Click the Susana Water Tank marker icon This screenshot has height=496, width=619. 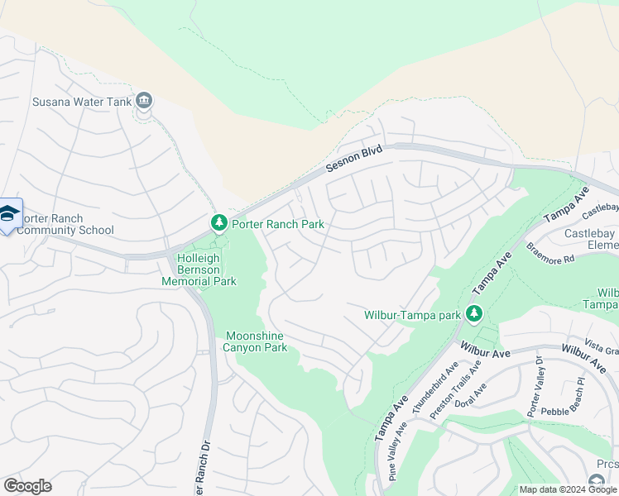coord(144,101)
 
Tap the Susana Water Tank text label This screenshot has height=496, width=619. coord(83,102)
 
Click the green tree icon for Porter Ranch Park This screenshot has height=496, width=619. coord(218,223)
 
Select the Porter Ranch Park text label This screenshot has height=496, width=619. coord(277,224)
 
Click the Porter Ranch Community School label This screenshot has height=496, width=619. coord(65,224)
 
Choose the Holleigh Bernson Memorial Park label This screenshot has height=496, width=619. coord(206,269)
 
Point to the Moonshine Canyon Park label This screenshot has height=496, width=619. coord(257,341)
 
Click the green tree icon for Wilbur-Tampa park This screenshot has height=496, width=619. coord(473,314)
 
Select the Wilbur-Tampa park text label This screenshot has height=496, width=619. coord(412,315)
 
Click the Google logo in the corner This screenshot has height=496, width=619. coord(27,486)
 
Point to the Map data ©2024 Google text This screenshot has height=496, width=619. coord(568,489)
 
